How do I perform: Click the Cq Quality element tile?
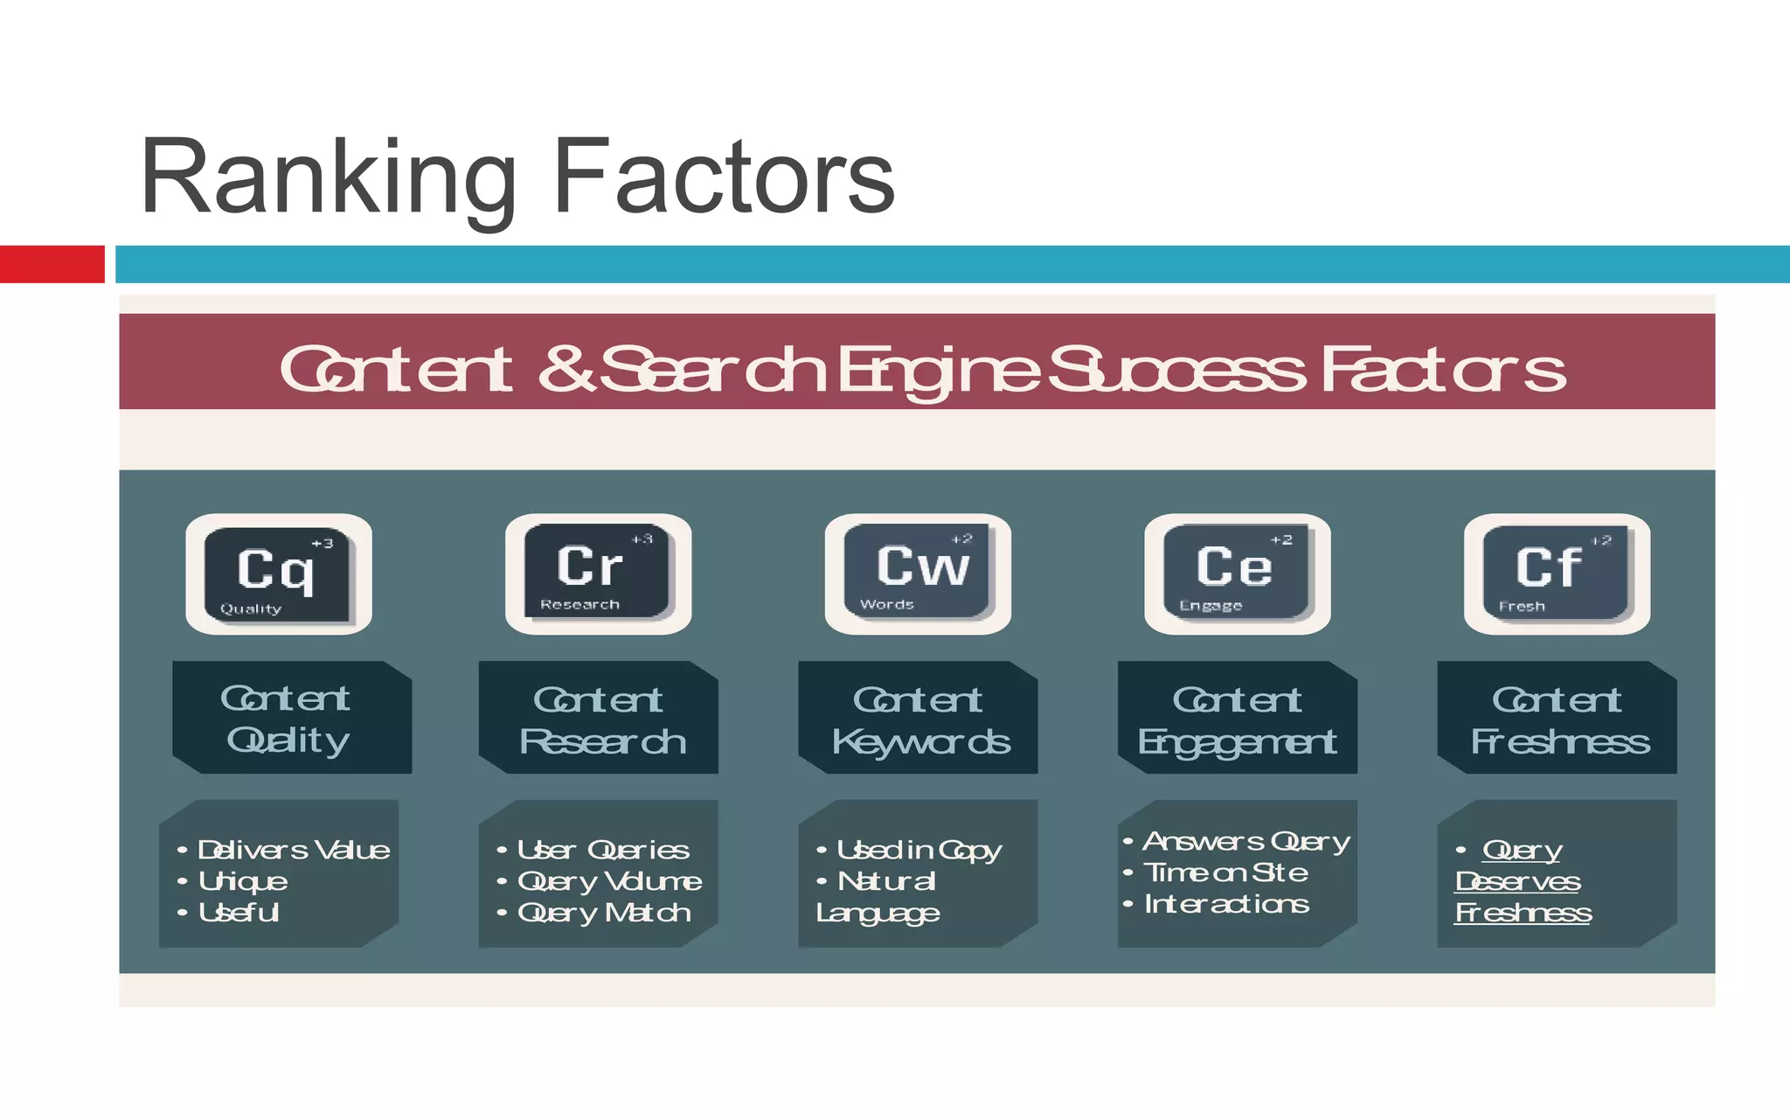click(278, 573)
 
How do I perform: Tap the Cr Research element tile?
click(598, 572)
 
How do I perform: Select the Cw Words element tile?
click(918, 572)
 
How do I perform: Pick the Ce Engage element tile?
click(1237, 573)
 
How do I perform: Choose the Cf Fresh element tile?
click(1557, 573)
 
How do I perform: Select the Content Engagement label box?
click(1237, 719)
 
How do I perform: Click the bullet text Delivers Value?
click(293, 850)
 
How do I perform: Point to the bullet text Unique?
click(242, 881)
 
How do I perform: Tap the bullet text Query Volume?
click(609, 881)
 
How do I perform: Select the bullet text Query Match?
click(604, 913)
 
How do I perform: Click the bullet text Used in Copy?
click(919, 850)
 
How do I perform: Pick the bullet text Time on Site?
click(1225, 872)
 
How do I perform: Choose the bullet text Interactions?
click(1226, 904)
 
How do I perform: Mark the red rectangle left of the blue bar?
click(52, 264)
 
